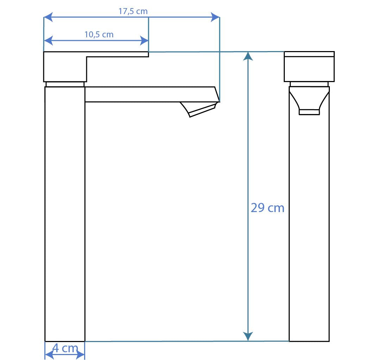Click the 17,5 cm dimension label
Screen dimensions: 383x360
133,11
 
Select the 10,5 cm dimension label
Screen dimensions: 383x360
99,35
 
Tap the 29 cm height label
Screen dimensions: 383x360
268,208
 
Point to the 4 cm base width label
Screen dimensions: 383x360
65,348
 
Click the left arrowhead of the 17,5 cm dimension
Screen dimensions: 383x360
48,17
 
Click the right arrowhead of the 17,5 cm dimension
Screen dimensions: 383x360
215,17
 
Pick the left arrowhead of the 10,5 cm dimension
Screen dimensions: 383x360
48,40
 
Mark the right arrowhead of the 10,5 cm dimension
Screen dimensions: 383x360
144,40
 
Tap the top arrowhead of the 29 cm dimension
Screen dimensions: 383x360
248,56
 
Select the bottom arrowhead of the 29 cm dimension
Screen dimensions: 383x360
248,336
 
